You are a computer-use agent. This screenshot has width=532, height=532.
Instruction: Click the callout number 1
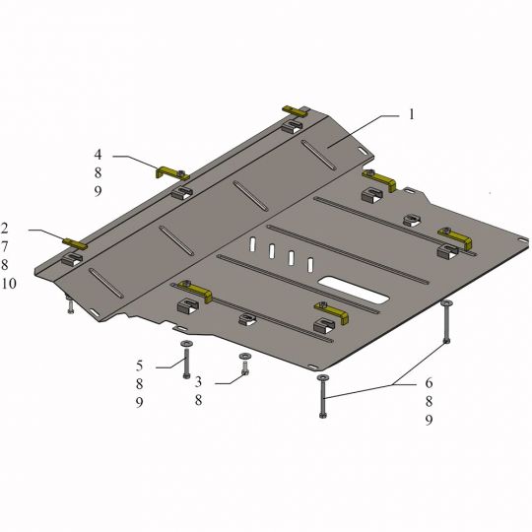(412, 114)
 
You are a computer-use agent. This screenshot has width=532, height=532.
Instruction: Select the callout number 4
(98, 155)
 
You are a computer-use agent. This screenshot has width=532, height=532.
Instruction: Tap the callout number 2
(4, 228)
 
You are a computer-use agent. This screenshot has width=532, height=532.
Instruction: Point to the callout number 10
(9, 284)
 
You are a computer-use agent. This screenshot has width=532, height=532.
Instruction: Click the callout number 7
(4, 246)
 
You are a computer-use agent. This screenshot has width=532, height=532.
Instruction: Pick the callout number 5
(140, 366)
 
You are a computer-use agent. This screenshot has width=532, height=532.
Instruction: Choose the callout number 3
(198, 381)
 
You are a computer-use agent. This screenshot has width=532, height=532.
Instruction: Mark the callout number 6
(429, 383)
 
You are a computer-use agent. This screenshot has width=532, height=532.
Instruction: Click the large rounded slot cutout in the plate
(354, 290)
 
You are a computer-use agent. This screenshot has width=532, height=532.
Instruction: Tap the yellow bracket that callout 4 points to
(171, 172)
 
